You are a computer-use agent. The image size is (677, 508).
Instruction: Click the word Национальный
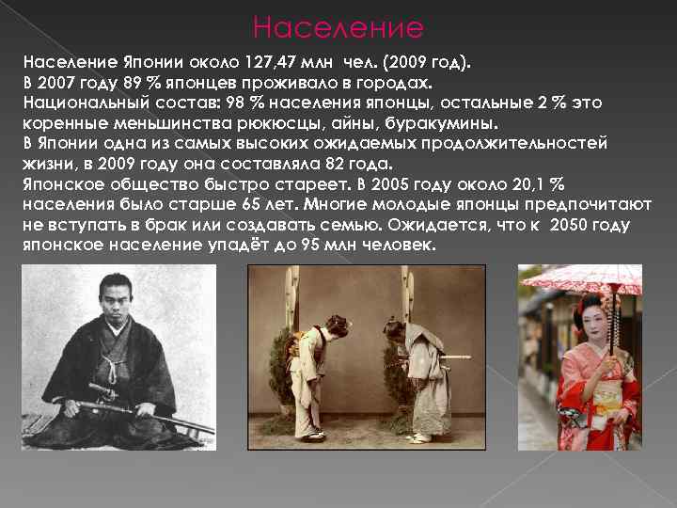point(80,102)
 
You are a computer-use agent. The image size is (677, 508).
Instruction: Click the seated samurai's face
point(114,297)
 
